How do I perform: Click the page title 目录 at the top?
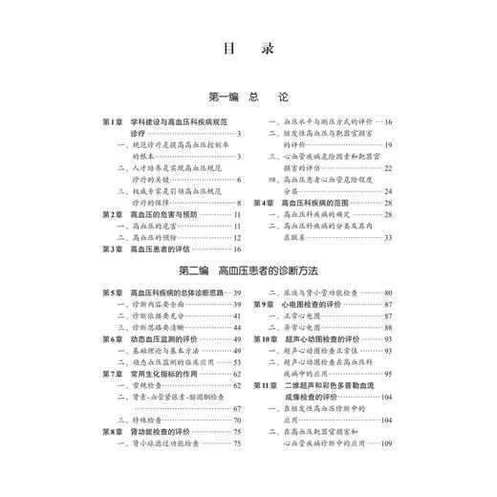(248, 48)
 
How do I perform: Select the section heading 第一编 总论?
(248, 97)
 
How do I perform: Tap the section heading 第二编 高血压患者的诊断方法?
(248, 271)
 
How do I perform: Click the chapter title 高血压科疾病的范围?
(313, 204)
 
